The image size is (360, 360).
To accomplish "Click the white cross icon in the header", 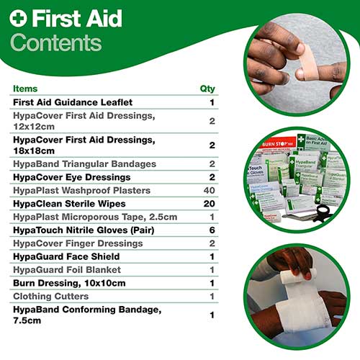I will [18, 18].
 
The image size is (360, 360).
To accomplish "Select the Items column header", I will [26, 89].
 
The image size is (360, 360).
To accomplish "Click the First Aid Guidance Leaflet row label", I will [73, 102].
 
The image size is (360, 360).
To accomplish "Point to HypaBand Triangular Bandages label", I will [84, 164].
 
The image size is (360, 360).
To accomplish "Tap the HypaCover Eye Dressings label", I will [71, 177].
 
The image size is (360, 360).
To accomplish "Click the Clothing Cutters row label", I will [52, 296].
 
